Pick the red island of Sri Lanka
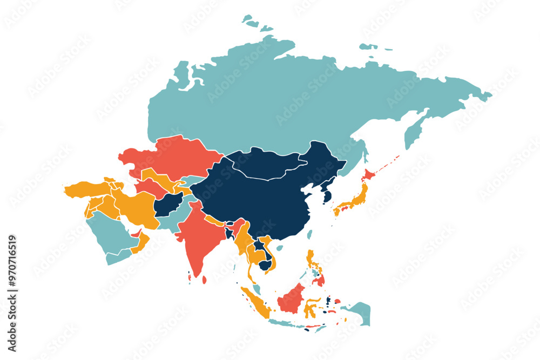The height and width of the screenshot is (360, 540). tap(204, 280)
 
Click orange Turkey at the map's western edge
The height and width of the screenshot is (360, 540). tap(86, 189)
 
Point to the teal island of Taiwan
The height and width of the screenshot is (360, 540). tap(310, 234)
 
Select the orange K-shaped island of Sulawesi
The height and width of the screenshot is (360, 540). tap(310, 308)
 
